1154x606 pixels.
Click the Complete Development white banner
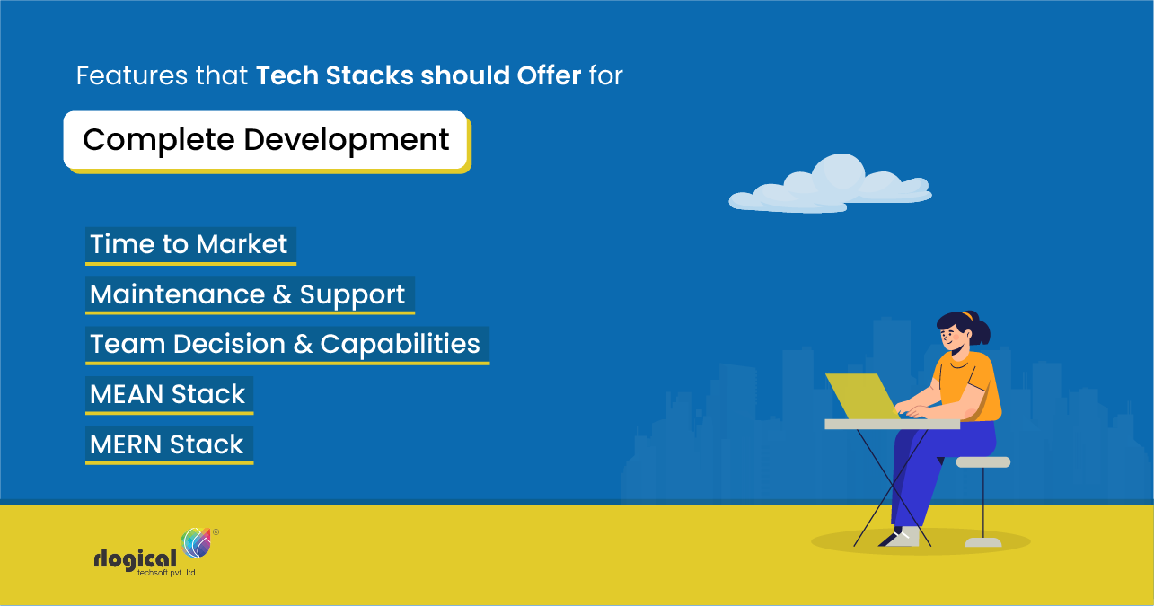pyautogui.click(x=266, y=140)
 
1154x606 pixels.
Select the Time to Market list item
pyautogui.click(x=189, y=244)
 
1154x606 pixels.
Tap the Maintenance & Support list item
pyautogui.click(x=248, y=294)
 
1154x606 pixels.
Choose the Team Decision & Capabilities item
pyautogui.click(x=286, y=344)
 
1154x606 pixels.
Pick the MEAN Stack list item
pyautogui.click(x=168, y=394)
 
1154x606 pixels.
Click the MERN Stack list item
pyautogui.click(x=168, y=444)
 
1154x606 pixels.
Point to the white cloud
pyautogui.click(x=831, y=186)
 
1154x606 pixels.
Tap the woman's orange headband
pyautogui.click(x=966, y=316)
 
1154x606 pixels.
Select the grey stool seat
pyautogui.click(x=982, y=461)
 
